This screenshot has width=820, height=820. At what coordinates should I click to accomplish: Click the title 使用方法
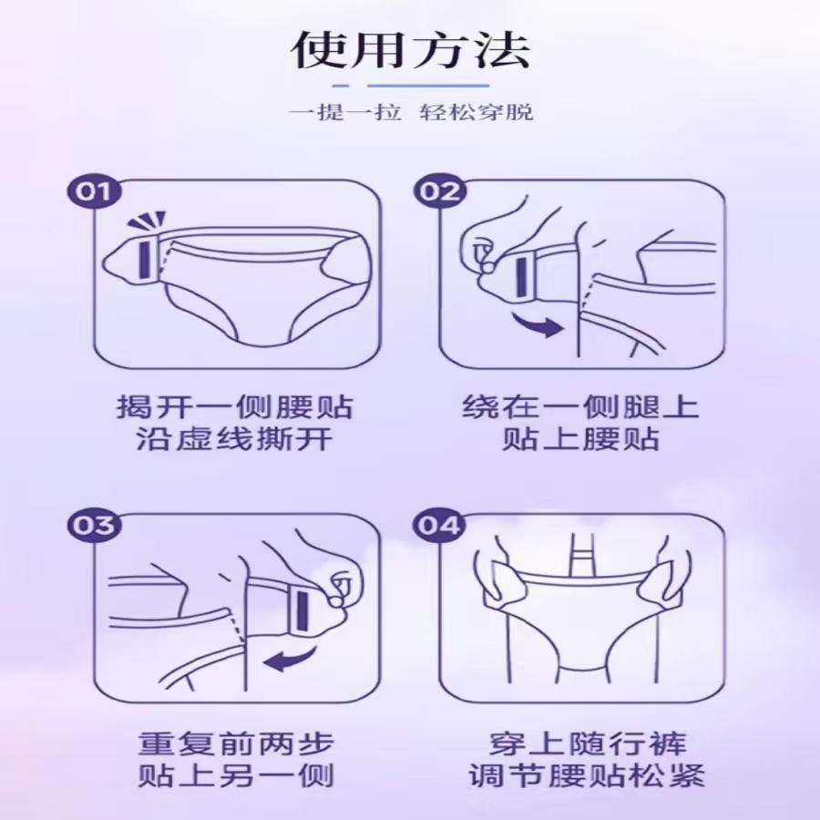(409, 51)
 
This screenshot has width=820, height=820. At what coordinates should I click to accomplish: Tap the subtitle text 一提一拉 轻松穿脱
(410, 113)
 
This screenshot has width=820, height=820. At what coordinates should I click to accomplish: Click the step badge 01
(94, 192)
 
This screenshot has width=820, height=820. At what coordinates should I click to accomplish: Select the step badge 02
(439, 192)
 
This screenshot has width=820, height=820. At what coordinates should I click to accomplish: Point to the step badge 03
(94, 526)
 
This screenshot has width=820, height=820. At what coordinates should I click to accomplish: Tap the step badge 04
(439, 526)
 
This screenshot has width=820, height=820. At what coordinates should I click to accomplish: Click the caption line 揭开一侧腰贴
(235, 405)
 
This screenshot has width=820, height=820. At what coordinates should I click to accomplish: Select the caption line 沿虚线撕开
(235, 440)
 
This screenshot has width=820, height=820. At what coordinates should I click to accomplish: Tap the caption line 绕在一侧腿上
(580, 405)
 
